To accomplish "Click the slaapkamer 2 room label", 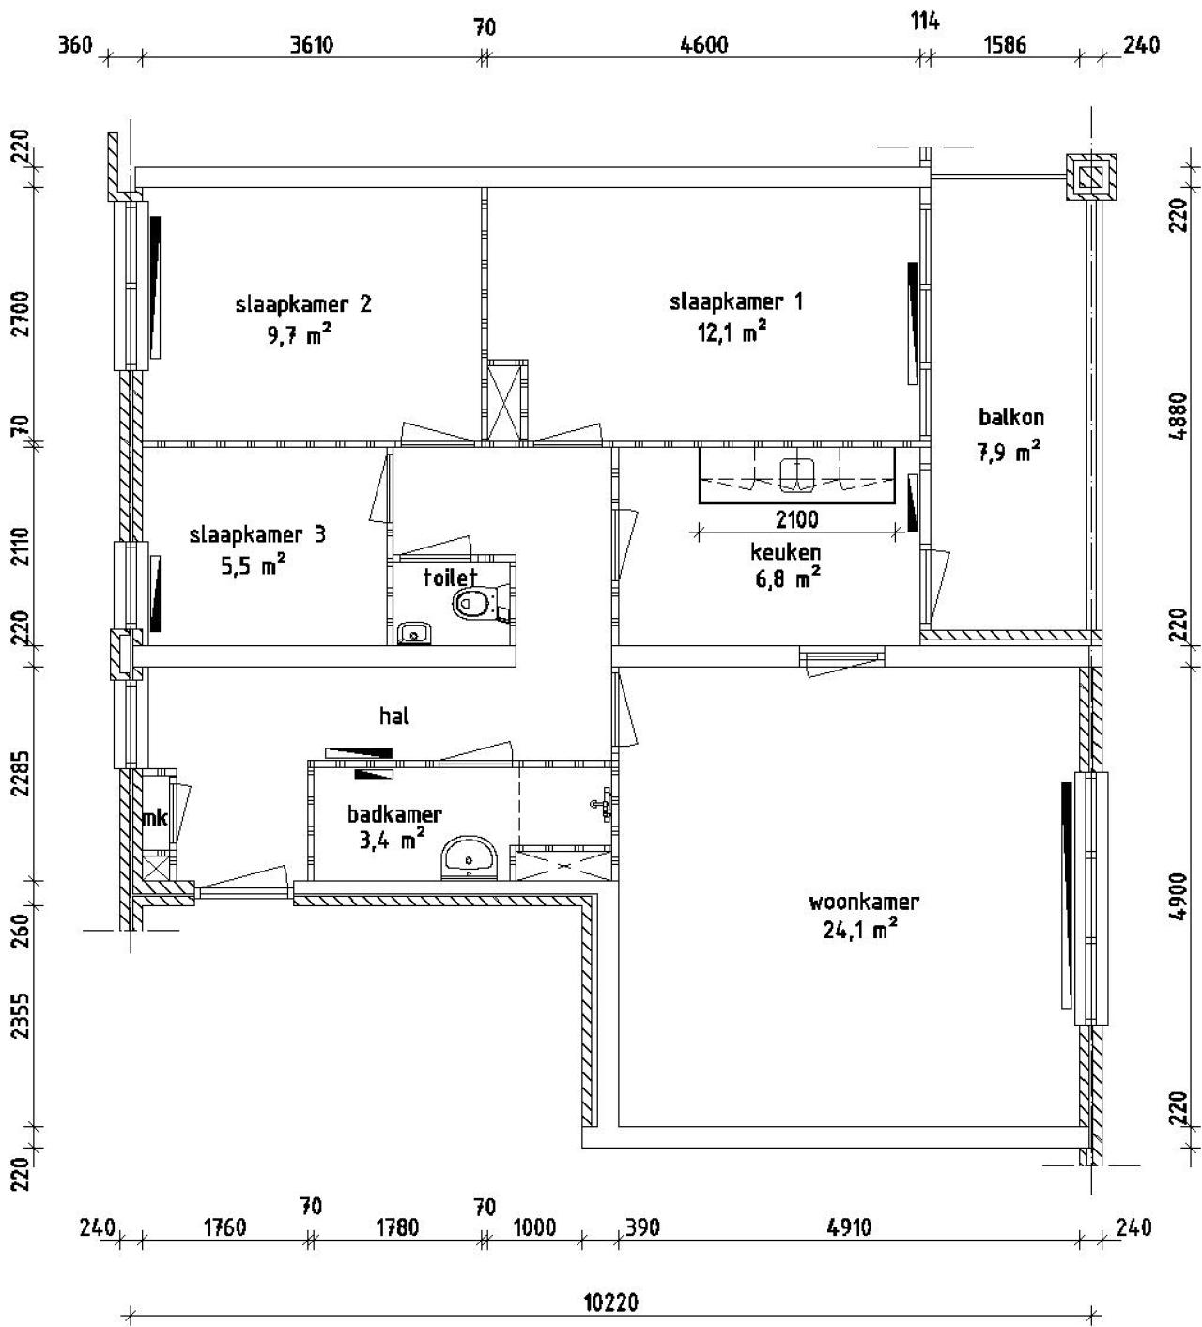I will click(x=302, y=304).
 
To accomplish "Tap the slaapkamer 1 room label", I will click(x=735, y=302).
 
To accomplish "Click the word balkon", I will click(x=1010, y=417).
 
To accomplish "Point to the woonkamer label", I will click(x=863, y=903).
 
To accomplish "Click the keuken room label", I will click(x=785, y=552).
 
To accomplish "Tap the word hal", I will click(x=393, y=717).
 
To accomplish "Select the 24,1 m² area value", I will click(x=861, y=930).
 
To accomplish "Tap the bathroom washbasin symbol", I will click(x=469, y=856).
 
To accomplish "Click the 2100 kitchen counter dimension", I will click(x=796, y=519).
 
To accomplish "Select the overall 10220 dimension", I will click(x=610, y=1304).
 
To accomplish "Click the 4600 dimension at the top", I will click(x=703, y=45).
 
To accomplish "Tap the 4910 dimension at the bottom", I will click(x=849, y=1227).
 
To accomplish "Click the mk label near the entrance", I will click(x=154, y=819).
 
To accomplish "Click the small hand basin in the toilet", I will click(x=412, y=634).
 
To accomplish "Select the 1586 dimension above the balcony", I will click(x=1003, y=45).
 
